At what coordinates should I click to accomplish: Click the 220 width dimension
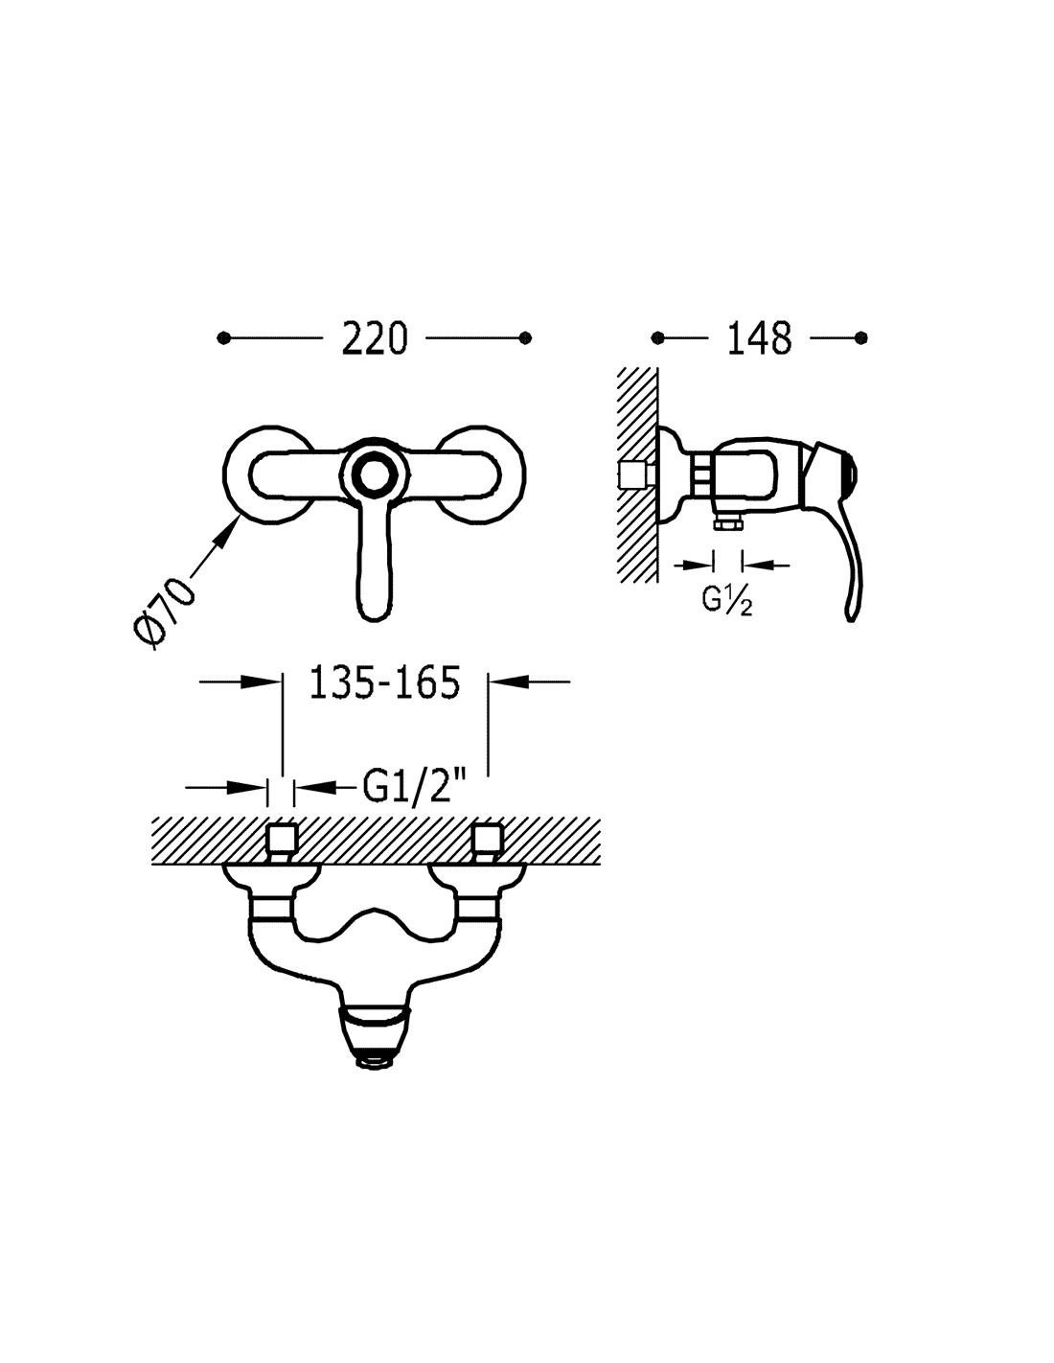375,338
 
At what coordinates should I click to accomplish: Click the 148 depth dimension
759,338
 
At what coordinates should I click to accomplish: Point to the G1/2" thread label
415,787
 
